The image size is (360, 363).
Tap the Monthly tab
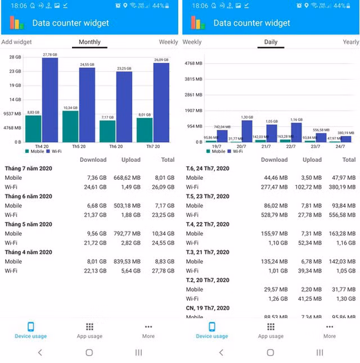click(89, 42)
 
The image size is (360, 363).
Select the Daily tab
click(271, 42)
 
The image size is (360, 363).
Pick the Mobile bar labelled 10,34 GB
click(70, 126)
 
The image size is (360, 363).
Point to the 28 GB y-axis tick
click(15, 57)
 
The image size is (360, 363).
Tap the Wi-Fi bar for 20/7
click(246, 131)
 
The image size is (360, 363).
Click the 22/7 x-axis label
click(291, 146)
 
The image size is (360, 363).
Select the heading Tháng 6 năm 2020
click(29, 197)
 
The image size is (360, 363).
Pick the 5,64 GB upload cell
click(131, 271)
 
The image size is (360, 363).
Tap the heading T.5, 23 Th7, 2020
click(208, 197)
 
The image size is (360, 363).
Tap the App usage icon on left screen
click(89, 327)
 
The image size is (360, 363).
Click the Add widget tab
click(16, 42)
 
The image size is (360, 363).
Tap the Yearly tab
click(351, 42)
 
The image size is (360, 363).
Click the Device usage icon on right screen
click(212, 327)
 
